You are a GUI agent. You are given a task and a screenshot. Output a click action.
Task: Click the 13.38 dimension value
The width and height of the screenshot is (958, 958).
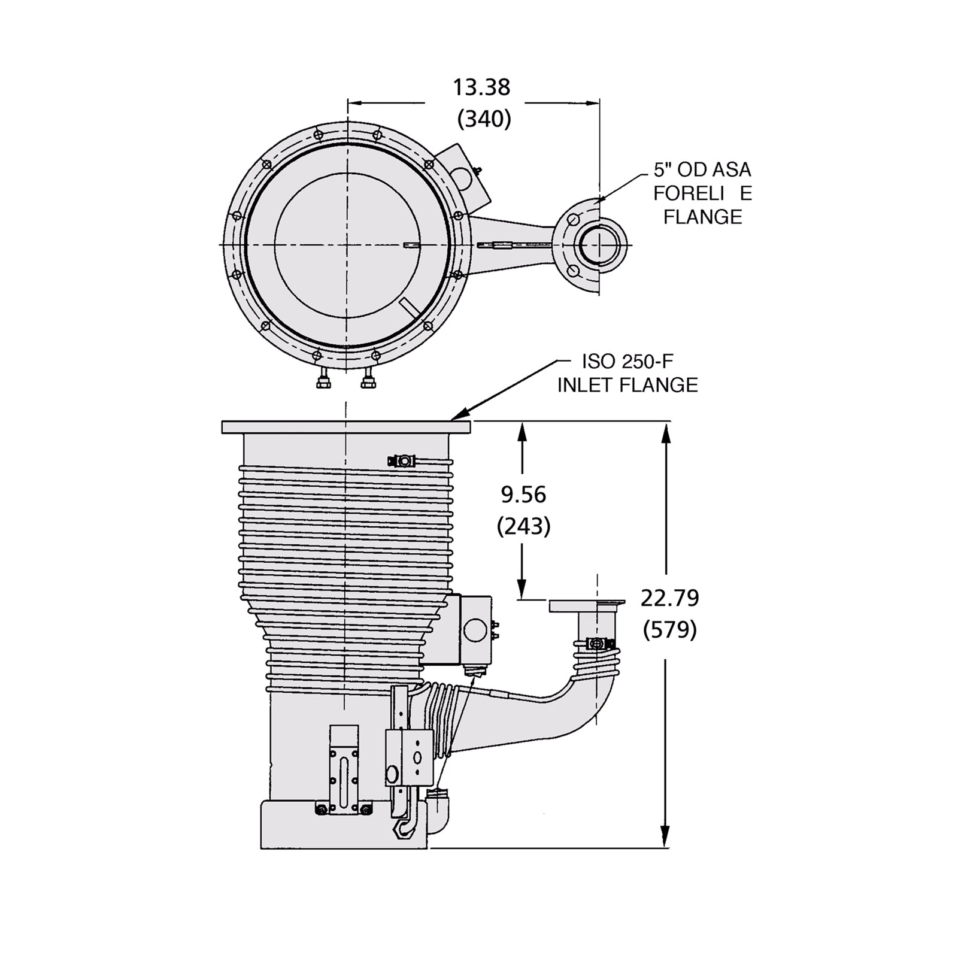click(x=481, y=87)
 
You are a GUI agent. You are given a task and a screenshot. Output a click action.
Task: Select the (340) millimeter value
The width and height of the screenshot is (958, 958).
click(x=484, y=119)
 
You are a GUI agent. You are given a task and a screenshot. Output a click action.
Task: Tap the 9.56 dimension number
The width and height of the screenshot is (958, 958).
click(x=523, y=495)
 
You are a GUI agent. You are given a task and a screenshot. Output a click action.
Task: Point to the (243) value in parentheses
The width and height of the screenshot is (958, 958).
click(x=523, y=526)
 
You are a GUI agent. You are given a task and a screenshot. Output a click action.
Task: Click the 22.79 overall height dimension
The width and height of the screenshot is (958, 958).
click(x=669, y=598)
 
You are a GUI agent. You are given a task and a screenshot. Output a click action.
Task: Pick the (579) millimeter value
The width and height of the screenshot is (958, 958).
click(x=669, y=629)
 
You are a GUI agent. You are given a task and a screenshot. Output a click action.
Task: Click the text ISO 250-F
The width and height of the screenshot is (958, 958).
click(x=627, y=361)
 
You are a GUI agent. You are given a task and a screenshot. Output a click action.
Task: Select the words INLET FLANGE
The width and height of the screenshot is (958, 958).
click(x=627, y=384)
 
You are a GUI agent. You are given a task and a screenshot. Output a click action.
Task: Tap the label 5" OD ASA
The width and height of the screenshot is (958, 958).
click(x=702, y=170)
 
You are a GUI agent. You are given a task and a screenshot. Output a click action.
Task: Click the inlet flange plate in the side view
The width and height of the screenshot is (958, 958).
click(x=346, y=427)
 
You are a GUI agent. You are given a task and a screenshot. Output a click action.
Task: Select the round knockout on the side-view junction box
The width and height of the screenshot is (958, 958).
click(x=475, y=629)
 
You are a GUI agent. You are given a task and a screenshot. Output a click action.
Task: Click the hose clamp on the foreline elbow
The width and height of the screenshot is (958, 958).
click(x=596, y=644)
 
